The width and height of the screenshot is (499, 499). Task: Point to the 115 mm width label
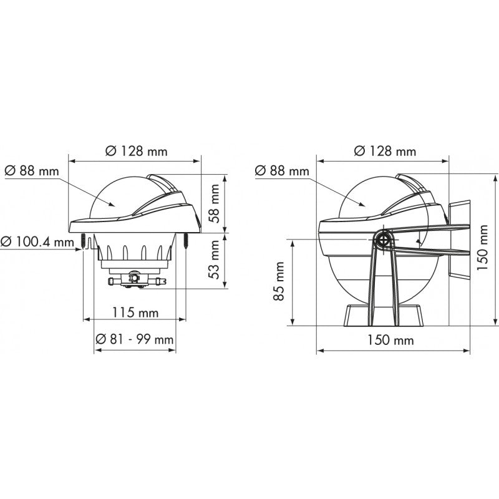pyautogui.click(x=134, y=312)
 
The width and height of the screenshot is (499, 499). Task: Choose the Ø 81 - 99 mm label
pyautogui.click(x=134, y=339)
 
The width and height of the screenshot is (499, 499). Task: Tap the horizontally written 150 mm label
pyautogui.click(x=390, y=341)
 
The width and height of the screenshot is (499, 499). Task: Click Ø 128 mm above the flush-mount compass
pyautogui.click(x=134, y=150)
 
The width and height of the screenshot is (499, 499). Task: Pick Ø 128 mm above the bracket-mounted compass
pyautogui.click(x=385, y=150)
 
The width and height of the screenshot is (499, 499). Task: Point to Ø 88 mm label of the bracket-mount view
pyautogui.click(x=283, y=170)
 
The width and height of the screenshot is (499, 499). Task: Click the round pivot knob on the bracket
pyautogui.click(x=383, y=239)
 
